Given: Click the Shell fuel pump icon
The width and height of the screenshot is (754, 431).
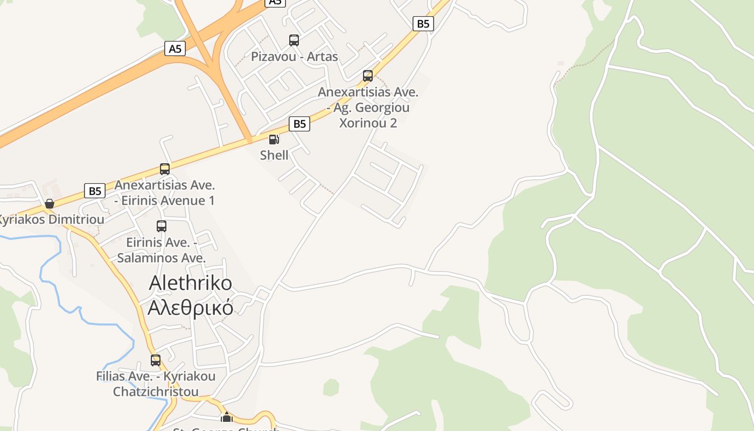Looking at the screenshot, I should [274, 140].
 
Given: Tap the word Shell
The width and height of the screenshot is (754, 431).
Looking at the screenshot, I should [274, 155].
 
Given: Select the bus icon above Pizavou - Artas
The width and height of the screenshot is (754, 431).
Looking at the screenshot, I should [294, 40].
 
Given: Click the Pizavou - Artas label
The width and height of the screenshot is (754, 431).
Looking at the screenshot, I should [295, 57].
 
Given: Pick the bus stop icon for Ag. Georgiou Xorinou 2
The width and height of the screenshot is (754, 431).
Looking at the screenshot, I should [368, 76].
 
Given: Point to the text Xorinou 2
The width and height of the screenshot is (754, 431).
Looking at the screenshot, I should [368, 123].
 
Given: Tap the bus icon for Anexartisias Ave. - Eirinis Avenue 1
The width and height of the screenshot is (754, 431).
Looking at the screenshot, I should [165, 169].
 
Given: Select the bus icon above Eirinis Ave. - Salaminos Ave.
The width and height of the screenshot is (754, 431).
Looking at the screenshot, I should [162, 226].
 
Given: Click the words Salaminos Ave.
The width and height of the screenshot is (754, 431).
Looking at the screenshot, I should [162, 258].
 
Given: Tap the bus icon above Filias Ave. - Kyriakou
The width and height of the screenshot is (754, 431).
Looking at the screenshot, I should [156, 360].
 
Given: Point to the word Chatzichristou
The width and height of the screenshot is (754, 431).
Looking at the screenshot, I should [156, 392].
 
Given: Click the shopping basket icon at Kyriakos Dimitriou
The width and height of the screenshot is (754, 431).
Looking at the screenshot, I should [50, 204].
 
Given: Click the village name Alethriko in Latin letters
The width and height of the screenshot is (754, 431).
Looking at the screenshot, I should [191, 283].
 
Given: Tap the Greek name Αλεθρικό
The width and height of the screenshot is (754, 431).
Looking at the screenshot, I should [191, 307].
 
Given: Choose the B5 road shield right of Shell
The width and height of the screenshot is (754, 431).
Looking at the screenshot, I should [299, 124].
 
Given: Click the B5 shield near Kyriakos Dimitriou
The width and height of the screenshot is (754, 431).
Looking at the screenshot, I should [95, 191].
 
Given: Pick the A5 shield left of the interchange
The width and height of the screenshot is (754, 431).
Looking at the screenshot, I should [175, 49].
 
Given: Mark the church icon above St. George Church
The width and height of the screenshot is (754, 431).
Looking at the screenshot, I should [227, 418].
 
